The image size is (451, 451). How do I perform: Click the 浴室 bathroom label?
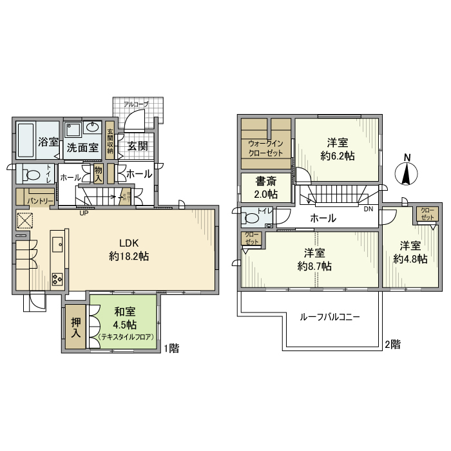[x=48, y=142]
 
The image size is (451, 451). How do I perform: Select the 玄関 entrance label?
[x=136, y=146]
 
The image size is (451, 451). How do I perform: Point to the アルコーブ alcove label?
[x=136, y=104]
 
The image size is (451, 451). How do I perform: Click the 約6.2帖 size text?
[x=337, y=155]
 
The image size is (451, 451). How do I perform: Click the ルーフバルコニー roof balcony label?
[x=330, y=317]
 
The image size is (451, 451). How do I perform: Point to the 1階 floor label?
[x=171, y=349]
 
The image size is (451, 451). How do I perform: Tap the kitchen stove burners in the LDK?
[x=56, y=280]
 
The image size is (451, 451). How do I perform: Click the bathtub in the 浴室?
[x=25, y=140]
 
